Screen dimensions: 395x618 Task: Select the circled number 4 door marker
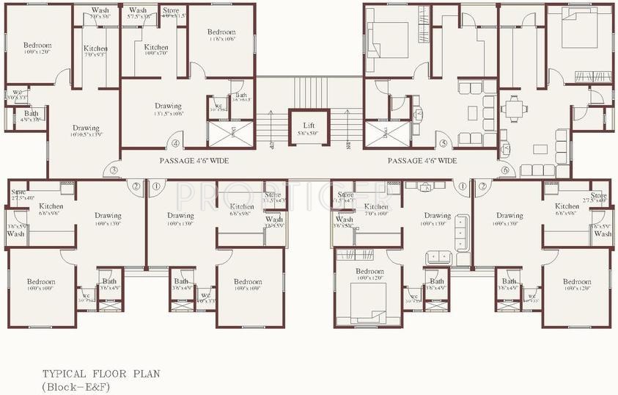175,144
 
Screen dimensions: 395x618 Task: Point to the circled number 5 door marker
442,144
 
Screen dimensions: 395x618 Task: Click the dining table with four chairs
514,109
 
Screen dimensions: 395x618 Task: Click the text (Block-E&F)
76,386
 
